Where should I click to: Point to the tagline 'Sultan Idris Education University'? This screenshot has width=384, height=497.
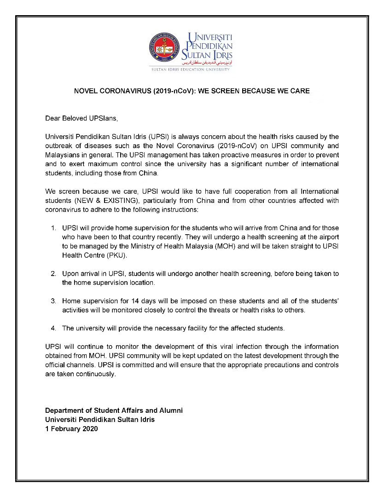tap(191, 69)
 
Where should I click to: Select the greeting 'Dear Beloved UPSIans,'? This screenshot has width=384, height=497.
tap(81, 118)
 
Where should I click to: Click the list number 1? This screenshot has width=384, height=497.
tap(53, 228)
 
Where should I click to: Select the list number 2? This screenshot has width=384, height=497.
tap(53, 273)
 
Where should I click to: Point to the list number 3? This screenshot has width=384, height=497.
tap(53, 301)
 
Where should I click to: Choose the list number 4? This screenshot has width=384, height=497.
tap(53, 328)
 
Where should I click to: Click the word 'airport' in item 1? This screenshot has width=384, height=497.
tap(328, 237)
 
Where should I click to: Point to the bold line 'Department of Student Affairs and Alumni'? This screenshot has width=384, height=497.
tap(114, 410)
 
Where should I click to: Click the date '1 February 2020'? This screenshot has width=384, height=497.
tap(71, 428)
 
